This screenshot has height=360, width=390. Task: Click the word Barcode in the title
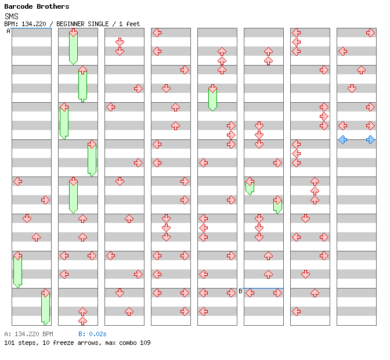[x=17, y=6]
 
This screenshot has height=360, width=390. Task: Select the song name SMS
[x=11, y=16]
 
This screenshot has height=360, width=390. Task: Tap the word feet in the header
[x=133, y=24]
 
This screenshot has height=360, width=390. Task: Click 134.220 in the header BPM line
[x=34, y=24]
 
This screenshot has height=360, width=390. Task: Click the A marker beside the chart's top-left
[x=8, y=31]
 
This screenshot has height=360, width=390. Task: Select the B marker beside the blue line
[x=240, y=291]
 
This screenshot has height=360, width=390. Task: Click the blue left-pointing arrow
[x=343, y=139]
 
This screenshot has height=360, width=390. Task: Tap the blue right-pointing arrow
[x=370, y=139]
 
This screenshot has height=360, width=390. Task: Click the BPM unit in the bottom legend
[x=48, y=334]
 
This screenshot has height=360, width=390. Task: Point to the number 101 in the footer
[x=9, y=343]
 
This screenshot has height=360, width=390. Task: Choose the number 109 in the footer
[x=145, y=343]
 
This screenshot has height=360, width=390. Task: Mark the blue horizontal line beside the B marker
[x=263, y=288]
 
